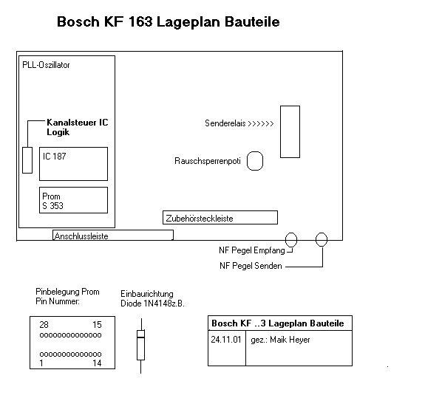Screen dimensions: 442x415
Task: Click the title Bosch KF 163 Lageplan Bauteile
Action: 169,21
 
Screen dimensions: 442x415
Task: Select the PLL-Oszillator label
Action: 46,65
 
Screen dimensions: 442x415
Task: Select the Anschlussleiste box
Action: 113,230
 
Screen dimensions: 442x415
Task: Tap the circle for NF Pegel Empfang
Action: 285,239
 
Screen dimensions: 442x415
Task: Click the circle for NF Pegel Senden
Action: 316,239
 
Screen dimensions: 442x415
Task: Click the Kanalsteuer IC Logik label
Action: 77,127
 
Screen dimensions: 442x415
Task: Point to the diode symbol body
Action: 140,345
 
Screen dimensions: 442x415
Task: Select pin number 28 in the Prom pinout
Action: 44,325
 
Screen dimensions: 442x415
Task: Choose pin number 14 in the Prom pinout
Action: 97,363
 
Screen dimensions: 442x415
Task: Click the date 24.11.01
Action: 226,340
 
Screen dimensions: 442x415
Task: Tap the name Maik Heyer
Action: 290,340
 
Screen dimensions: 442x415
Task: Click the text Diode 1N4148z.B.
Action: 152,303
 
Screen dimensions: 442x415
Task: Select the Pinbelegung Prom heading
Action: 67,292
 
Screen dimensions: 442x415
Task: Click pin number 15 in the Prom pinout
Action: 97,325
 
